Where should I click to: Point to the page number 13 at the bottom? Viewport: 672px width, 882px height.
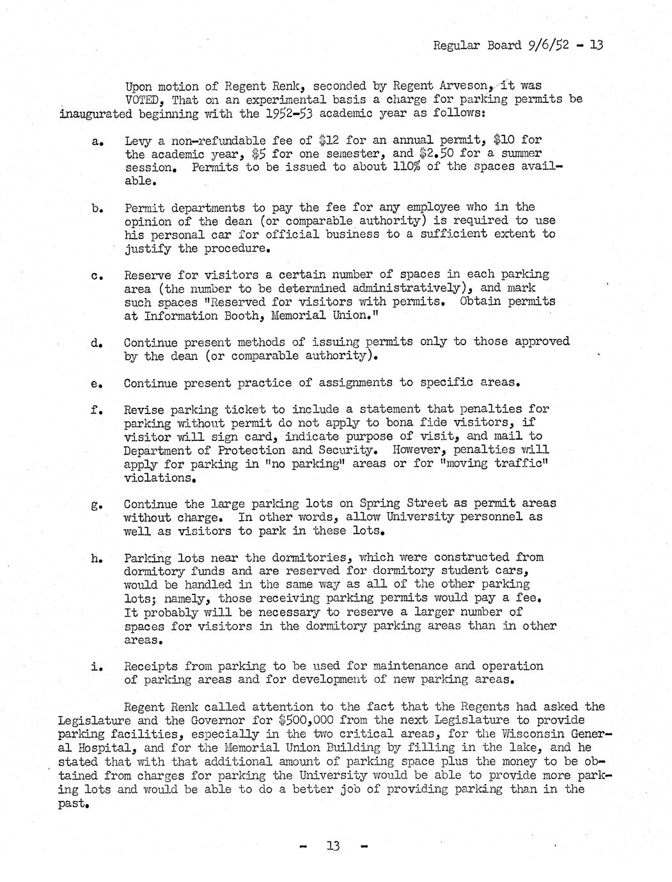pyautogui.click(x=333, y=846)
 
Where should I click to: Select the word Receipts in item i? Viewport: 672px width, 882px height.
pyautogui.click(x=150, y=666)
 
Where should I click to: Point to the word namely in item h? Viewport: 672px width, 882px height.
pyautogui.click(x=187, y=598)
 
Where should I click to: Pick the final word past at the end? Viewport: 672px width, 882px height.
pyautogui.click(x=71, y=803)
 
